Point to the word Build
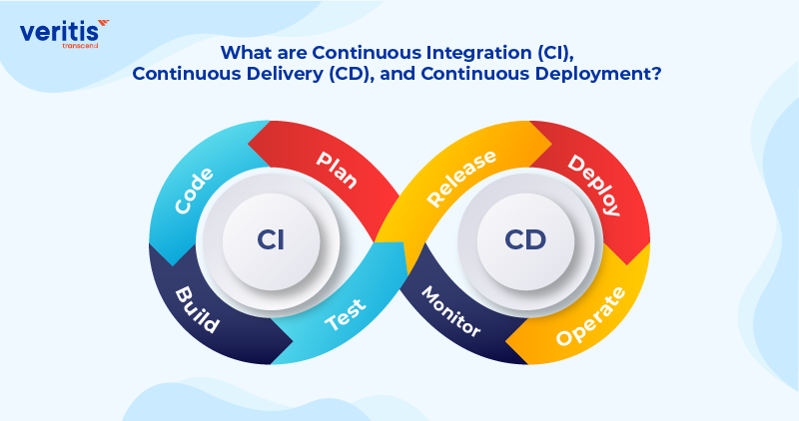pos(197,310)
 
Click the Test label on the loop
pos(347,317)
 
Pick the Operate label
pos(591,315)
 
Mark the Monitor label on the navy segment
pos(450,312)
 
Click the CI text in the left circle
pos(271,240)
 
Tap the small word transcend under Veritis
pos(80,44)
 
